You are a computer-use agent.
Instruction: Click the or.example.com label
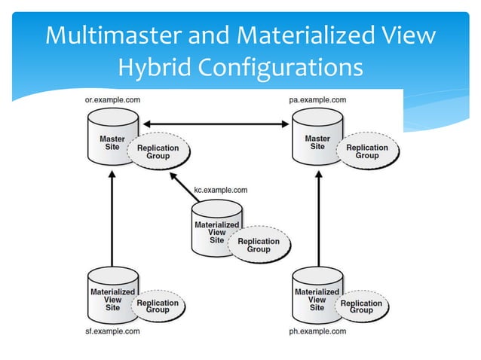112,100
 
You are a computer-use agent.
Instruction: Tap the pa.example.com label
317,100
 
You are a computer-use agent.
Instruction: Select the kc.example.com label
219,191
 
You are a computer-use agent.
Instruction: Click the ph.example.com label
317,331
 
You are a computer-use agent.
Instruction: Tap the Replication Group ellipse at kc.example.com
259,245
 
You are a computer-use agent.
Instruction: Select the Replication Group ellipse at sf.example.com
158,306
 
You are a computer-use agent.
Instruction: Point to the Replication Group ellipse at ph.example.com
362,306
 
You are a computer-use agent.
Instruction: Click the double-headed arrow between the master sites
218,124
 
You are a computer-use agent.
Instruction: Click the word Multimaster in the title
110,35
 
